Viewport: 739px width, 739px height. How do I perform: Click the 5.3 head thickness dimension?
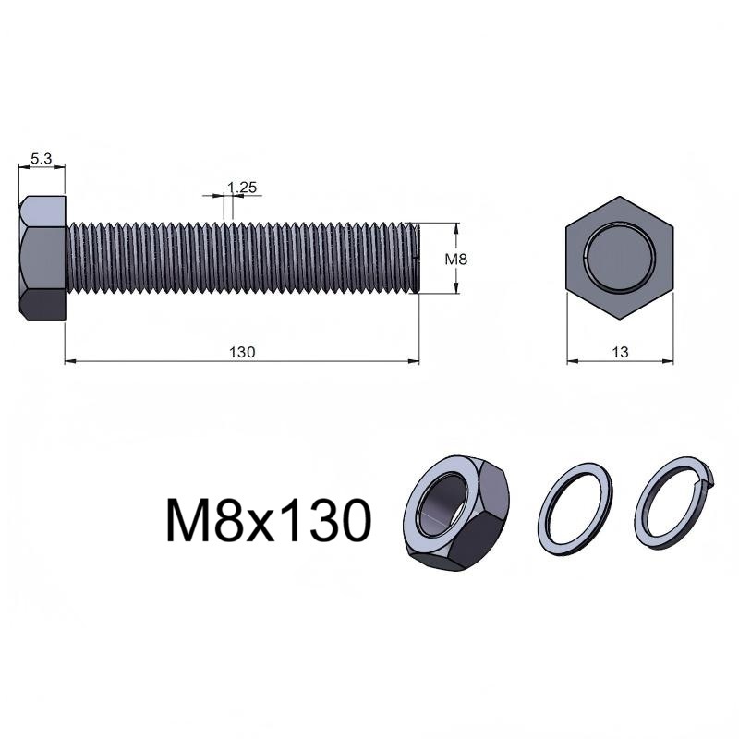point(41,159)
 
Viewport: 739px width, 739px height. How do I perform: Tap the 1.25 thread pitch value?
point(242,188)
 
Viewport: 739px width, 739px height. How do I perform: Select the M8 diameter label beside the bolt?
point(456,260)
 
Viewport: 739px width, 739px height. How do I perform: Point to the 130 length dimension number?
point(242,352)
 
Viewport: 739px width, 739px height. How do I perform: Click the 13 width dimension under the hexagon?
point(620,352)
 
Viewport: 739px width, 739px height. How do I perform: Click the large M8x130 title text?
point(269,521)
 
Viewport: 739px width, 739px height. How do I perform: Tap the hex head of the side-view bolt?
point(42,259)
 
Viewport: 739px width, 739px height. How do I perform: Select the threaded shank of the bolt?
point(242,258)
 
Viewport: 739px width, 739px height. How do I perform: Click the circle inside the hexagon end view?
point(620,256)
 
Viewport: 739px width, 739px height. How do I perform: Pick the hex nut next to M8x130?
point(456,514)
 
